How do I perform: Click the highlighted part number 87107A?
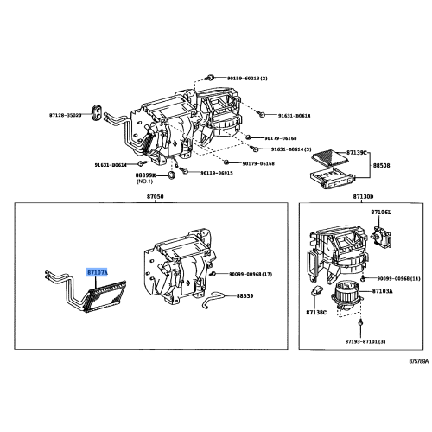pyautogui.click(x=97, y=272)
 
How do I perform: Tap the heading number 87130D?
pyautogui.click(x=364, y=197)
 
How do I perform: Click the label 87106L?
pyautogui.click(x=381, y=212)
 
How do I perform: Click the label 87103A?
pyautogui.click(x=382, y=292)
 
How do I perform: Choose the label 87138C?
pyautogui.click(x=317, y=311)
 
